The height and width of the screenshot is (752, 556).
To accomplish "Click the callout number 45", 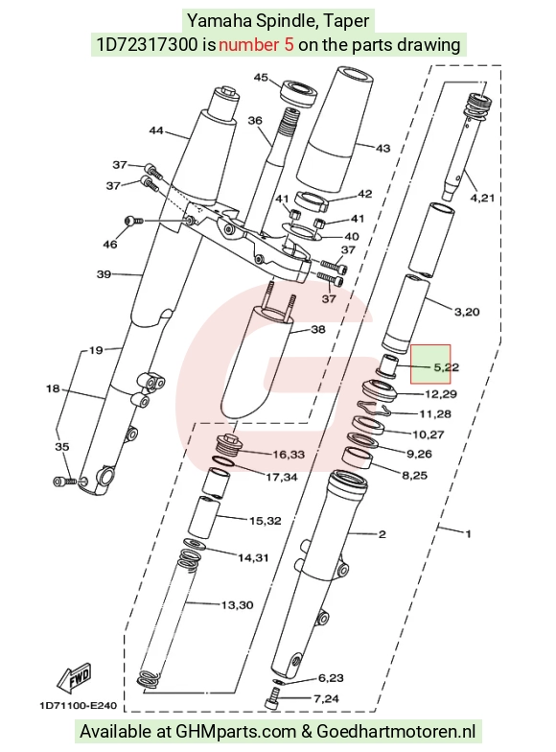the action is [x=261, y=77].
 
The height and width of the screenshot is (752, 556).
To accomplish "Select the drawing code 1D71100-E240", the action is [x=79, y=706].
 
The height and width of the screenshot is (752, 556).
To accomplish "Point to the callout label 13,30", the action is [x=238, y=605].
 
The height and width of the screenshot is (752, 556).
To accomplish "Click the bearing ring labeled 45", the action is [x=299, y=93].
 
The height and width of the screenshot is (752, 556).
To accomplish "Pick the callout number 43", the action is [x=382, y=148].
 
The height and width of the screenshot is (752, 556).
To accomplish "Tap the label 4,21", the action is [x=482, y=198].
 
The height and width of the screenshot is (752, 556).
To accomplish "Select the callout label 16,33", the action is [x=289, y=455].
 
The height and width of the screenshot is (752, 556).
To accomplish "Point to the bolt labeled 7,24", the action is [x=272, y=698].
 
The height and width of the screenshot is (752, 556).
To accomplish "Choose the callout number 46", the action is [x=109, y=245].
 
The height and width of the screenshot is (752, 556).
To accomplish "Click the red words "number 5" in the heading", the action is [x=256, y=44].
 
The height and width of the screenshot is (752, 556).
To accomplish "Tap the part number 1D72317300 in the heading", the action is [x=147, y=44].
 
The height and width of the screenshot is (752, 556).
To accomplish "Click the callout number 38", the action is [x=318, y=329].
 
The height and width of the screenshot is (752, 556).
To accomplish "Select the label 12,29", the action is [x=441, y=393].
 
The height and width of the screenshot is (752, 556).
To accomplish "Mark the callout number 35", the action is [x=62, y=447].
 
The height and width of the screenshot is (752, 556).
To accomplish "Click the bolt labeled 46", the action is [x=133, y=221].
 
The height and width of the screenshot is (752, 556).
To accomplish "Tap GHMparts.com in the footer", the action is [x=236, y=731].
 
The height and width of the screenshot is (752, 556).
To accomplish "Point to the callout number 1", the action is [x=468, y=533].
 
